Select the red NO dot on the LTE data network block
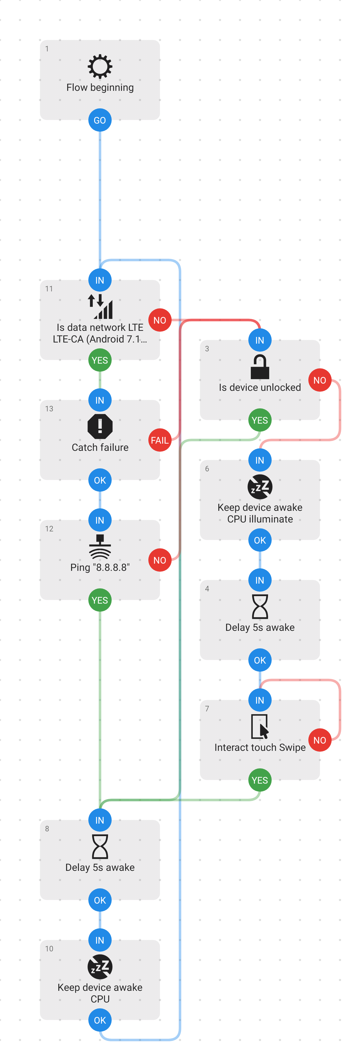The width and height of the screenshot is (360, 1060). click(x=160, y=320)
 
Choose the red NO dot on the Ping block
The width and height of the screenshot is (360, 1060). click(x=160, y=560)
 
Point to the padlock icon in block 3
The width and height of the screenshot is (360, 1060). click(x=260, y=367)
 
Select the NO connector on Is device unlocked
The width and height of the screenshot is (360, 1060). click(x=320, y=380)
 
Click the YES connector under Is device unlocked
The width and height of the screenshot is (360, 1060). click(x=260, y=420)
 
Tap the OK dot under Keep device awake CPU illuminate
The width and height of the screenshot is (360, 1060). click(x=260, y=540)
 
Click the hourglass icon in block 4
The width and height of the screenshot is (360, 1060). click(x=260, y=607)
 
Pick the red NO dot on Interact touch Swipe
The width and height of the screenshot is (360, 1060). click(x=320, y=740)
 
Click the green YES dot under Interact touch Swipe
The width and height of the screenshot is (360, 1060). click(x=260, y=780)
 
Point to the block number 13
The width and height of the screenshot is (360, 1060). click(x=49, y=409)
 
